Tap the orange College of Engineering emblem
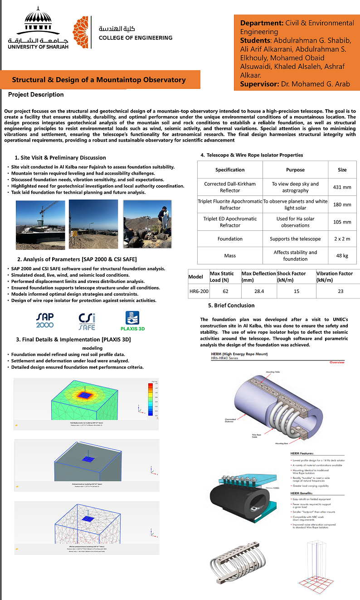(x=82, y=33)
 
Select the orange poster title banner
(x=99, y=80)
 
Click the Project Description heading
(x=36, y=95)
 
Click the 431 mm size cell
(x=342, y=187)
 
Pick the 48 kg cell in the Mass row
(x=342, y=256)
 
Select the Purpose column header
(x=295, y=170)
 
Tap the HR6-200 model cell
(x=199, y=291)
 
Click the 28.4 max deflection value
(x=258, y=291)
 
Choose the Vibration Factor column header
(x=335, y=277)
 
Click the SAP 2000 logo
(x=45, y=320)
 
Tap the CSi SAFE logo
(x=87, y=321)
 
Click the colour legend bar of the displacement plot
(x=151, y=399)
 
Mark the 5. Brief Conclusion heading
(x=231, y=305)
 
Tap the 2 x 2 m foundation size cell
(x=342, y=239)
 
